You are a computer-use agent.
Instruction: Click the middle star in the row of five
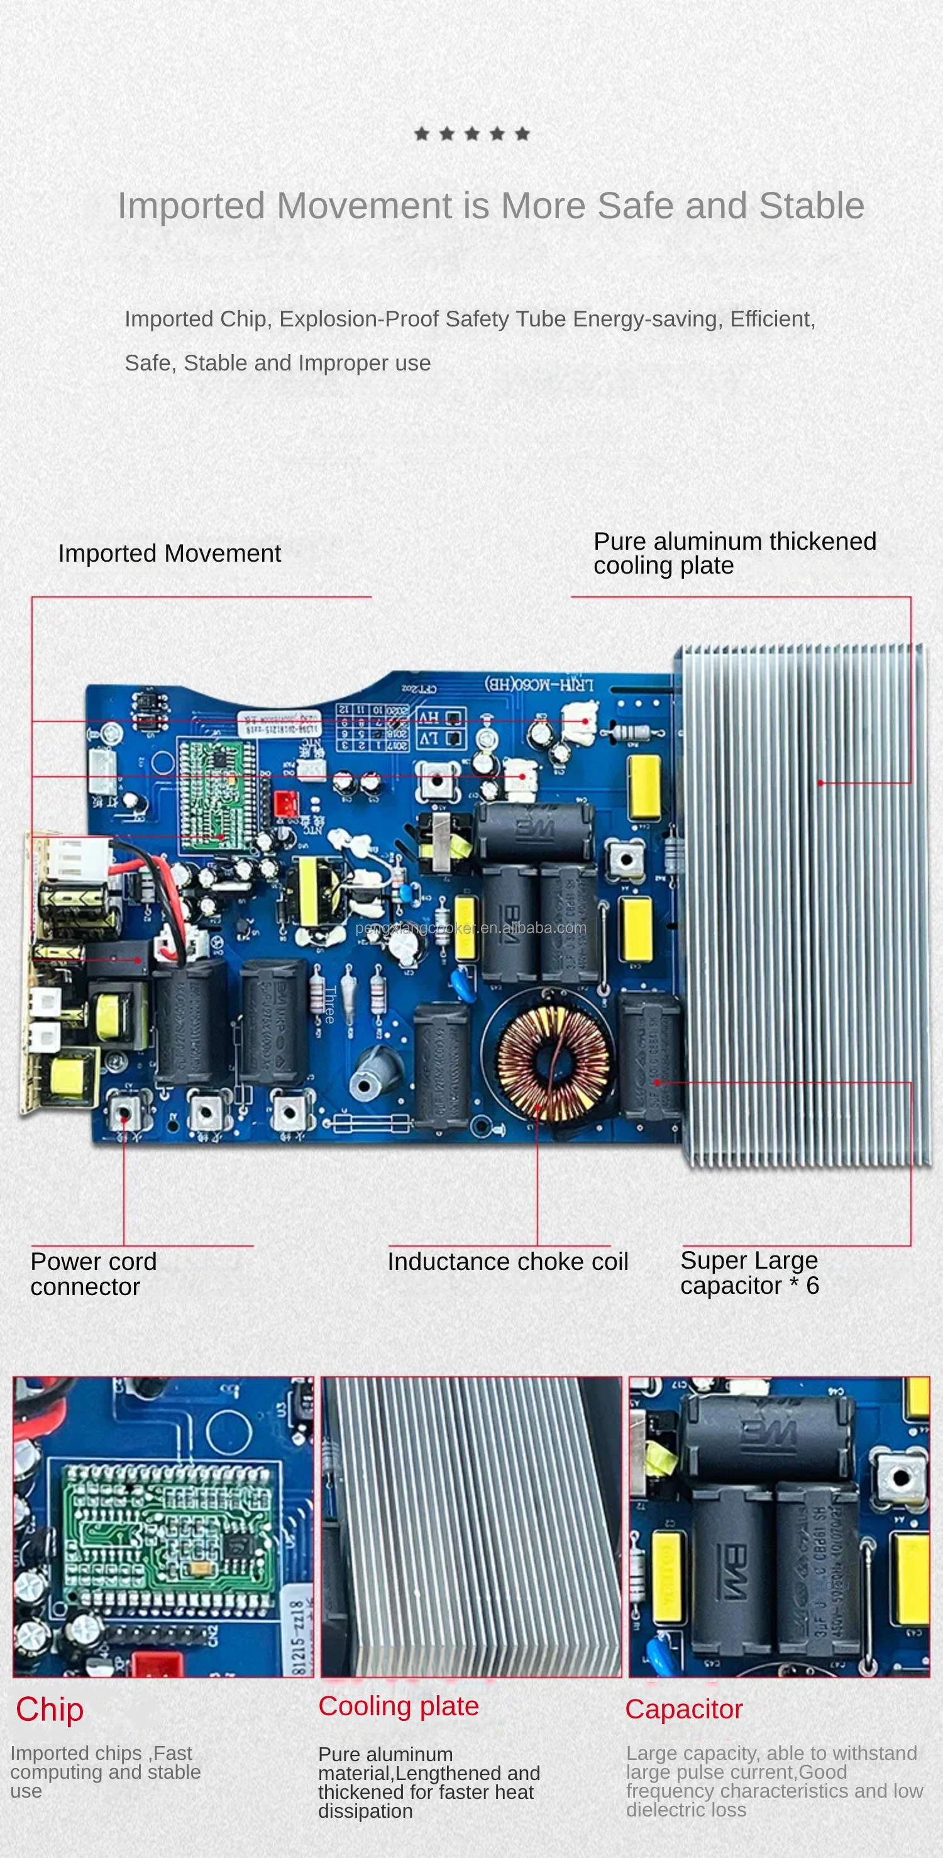[x=472, y=133]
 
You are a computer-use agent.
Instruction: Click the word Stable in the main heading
[x=811, y=206]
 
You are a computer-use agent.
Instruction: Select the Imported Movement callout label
[x=169, y=554]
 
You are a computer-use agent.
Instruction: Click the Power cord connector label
[x=93, y=1274]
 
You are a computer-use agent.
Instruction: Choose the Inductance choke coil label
[x=507, y=1262]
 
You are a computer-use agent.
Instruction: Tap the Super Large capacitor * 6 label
[x=749, y=1272]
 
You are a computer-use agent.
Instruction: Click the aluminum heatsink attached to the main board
[x=800, y=901]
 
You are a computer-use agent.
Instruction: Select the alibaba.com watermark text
[x=471, y=928]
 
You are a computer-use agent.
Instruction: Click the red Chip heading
[x=50, y=1710]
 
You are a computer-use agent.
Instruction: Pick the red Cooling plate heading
[x=399, y=1706]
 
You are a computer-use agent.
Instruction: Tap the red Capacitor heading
[x=683, y=1710]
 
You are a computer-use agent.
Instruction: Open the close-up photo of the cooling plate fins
[x=471, y=1526]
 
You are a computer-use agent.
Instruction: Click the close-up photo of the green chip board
[x=163, y=1526]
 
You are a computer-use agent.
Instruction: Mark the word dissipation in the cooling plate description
[x=365, y=1811]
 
